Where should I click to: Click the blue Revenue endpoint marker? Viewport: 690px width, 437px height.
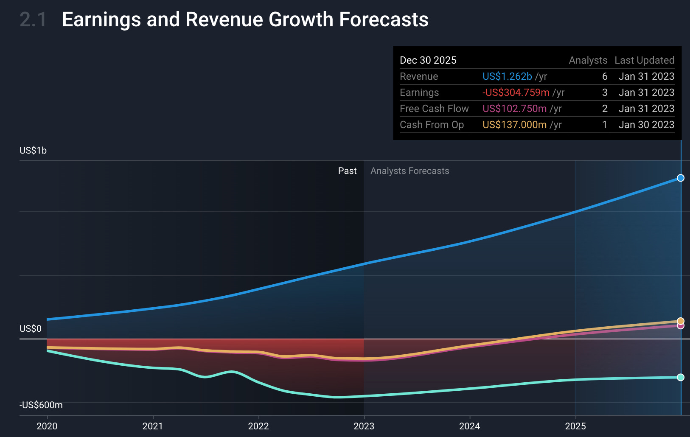pyautogui.click(x=680, y=178)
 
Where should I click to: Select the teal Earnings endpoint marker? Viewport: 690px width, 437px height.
pyautogui.click(x=680, y=377)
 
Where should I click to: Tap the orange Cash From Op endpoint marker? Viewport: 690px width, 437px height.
pyautogui.click(x=680, y=321)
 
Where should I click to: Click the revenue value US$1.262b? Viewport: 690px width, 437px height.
pyautogui.click(x=507, y=76)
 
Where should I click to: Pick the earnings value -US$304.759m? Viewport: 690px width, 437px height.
pyautogui.click(x=516, y=92)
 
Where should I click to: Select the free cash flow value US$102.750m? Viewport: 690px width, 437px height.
pyautogui.click(x=514, y=109)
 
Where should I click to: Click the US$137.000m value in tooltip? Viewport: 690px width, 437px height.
pyautogui.click(x=514, y=125)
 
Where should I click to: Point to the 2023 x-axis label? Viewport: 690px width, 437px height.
pyautogui.click(x=364, y=426)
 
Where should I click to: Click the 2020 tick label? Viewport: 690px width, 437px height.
pyautogui.click(x=47, y=426)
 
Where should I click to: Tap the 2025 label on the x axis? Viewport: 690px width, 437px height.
pyautogui.click(x=575, y=426)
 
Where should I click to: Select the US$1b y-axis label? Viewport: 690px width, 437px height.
pyautogui.click(x=33, y=151)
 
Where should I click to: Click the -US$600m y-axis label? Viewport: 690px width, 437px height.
pyautogui.click(x=41, y=405)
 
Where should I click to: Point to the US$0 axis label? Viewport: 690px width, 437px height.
pyautogui.click(x=31, y=329)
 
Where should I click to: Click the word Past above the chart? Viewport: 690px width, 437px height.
pyautogui.click(x=347, y=171)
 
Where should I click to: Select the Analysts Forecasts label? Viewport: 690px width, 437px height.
pyautogui.click(x=410, y=171)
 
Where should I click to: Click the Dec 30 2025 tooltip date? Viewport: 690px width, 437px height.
pyautogui.click(x=428, y=60)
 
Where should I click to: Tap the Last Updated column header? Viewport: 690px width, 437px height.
pyautogui.click(x=644, y=60)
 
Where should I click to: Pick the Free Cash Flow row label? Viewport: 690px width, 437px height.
pyautogui.click(x=434, y=109)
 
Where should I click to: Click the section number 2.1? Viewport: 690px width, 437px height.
pyautogui.click(x=33, y=20)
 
